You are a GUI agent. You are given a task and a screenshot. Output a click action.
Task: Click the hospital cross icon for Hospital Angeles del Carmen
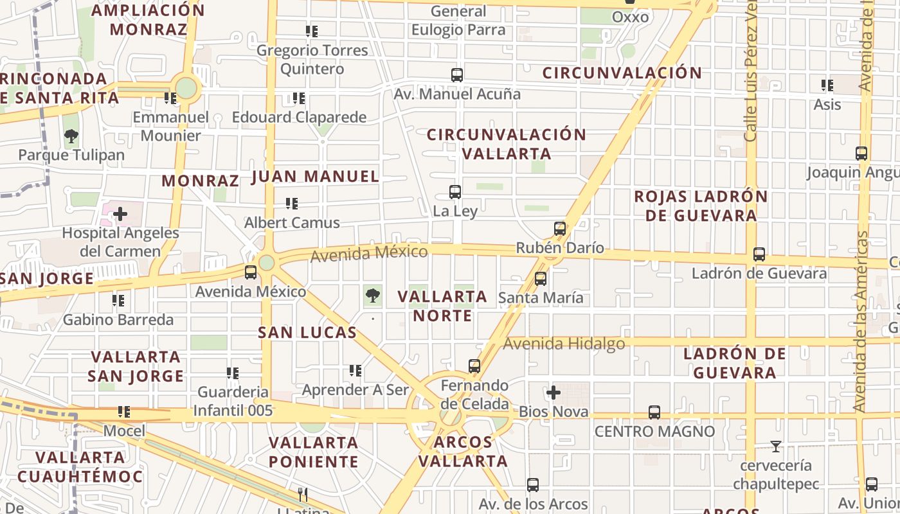120,214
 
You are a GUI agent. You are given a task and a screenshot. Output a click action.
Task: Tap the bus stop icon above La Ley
455,191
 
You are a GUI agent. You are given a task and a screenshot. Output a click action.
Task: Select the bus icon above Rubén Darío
560,229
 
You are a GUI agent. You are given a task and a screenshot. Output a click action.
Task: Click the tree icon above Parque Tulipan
71,136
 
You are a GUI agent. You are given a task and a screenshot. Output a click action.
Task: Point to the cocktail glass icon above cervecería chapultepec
776,446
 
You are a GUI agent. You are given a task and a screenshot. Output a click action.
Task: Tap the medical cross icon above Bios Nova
553,392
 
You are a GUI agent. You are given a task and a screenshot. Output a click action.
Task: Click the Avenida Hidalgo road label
564,344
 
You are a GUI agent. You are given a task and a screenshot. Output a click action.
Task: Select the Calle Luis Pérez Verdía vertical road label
751,71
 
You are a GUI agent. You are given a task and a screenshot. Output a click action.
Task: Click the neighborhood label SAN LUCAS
307,332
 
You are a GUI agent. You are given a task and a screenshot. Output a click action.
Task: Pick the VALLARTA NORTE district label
442,306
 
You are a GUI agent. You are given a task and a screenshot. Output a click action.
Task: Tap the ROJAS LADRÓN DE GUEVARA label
701,206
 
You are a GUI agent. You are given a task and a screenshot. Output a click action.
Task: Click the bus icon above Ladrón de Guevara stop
759,254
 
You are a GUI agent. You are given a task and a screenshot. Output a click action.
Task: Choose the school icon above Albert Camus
292,204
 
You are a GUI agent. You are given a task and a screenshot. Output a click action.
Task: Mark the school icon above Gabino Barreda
118,300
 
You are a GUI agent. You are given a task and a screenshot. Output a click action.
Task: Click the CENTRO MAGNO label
654,431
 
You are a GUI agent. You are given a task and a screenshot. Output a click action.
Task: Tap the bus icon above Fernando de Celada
474,366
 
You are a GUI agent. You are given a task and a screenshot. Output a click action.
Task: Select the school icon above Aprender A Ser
355,371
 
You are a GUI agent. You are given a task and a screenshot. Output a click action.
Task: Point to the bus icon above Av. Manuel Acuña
457,75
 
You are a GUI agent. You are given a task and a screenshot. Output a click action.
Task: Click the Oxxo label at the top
630,17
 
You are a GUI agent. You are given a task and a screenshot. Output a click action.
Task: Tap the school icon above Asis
827,85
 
